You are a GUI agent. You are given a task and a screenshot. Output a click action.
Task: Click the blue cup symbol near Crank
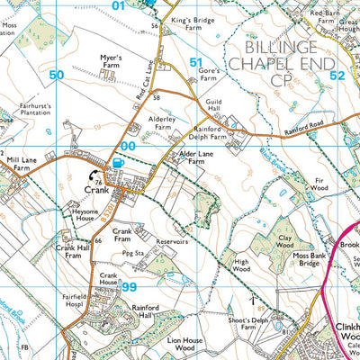tap(118, 161)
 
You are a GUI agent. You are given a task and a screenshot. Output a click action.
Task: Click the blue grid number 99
tap(130, 287)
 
